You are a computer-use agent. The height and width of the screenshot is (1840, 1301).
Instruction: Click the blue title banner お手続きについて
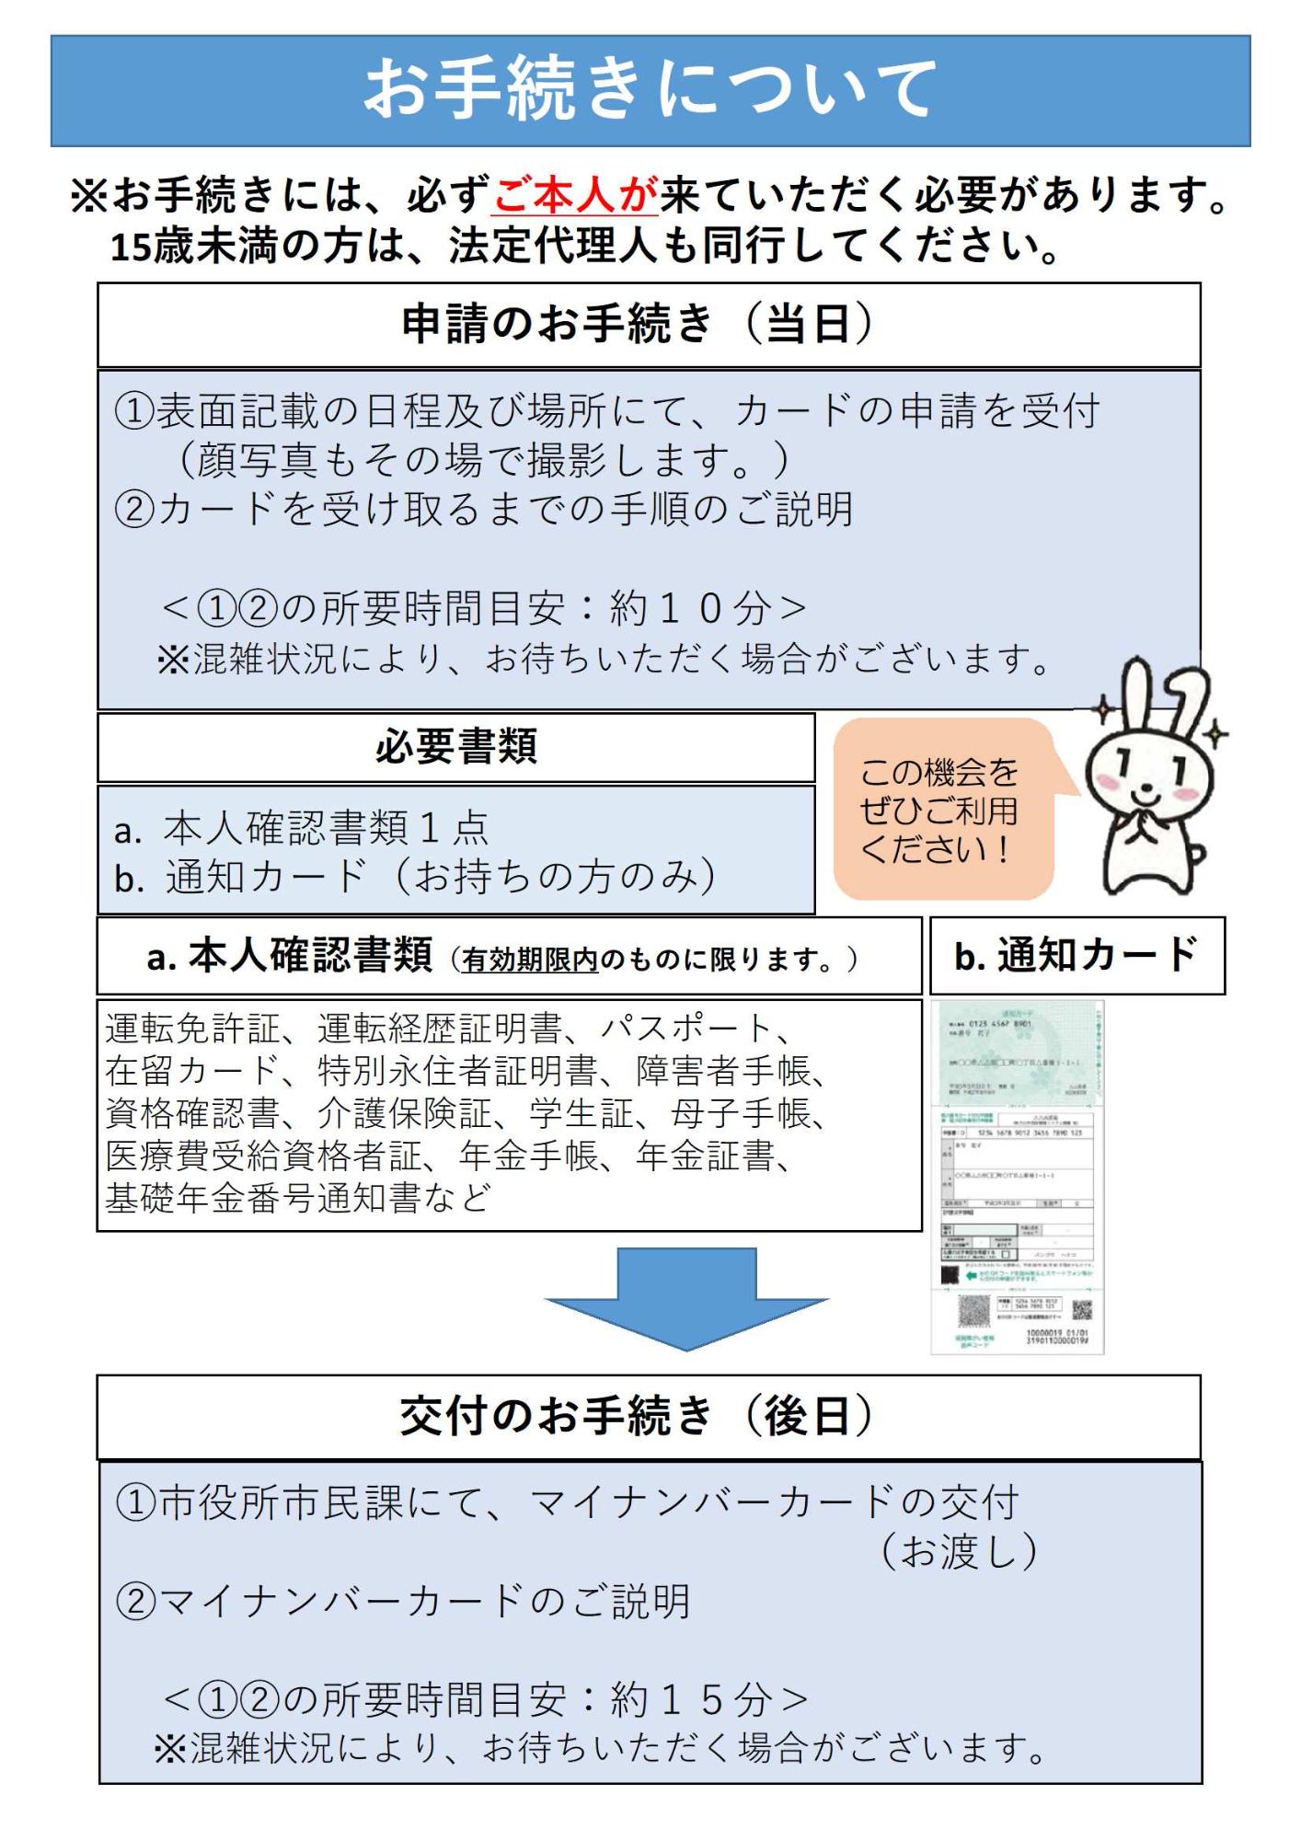(650, 90)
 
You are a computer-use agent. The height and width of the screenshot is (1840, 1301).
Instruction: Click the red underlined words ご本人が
(575, 194)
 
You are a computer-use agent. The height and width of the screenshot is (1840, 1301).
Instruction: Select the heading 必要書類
(455, 746)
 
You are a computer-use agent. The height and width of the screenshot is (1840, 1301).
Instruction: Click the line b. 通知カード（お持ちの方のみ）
(414, 877)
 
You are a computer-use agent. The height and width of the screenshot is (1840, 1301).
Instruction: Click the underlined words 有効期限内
(530, 960)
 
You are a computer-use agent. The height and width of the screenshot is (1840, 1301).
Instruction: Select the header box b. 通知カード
(1076, 955)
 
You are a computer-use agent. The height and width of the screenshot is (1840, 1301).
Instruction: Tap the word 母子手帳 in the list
(741, 1113)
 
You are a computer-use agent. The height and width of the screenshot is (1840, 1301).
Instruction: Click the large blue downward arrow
(686, 1298)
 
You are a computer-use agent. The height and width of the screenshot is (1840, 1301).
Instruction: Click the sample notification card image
(1018, 1178)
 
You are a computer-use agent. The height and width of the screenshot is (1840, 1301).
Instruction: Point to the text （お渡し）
(959, 1551)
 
